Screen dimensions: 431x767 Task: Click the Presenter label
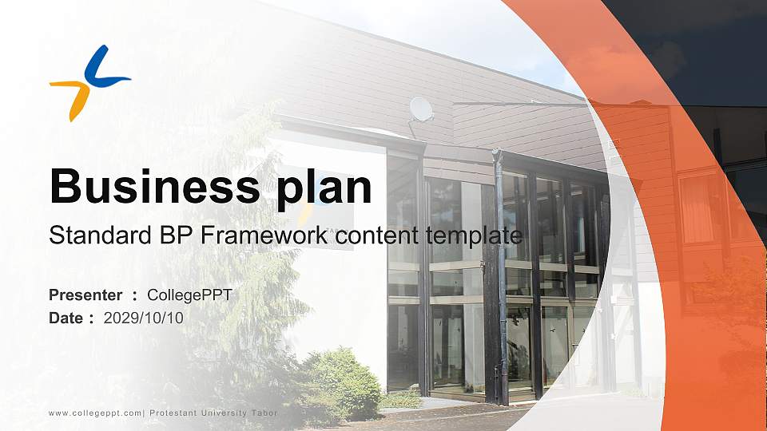pyautogui.click(x=85, y=295)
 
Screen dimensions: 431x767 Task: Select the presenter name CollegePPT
pyautogui.click(x=189, y=295)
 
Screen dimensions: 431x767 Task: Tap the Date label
pyautogui.click(x=66, y=318)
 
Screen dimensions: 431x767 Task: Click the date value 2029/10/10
pyautogui.click(x=144, y=318)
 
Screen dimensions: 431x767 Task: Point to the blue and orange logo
pyautogui.click(x=89, y=83)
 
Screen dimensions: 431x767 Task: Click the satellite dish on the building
pyautogui.click(x=420, y=109)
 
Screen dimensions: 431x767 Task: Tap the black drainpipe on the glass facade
pyautogui.click(x=501, y=279)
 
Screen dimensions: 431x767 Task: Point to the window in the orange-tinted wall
pyautogui.click(x=697, y=208)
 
